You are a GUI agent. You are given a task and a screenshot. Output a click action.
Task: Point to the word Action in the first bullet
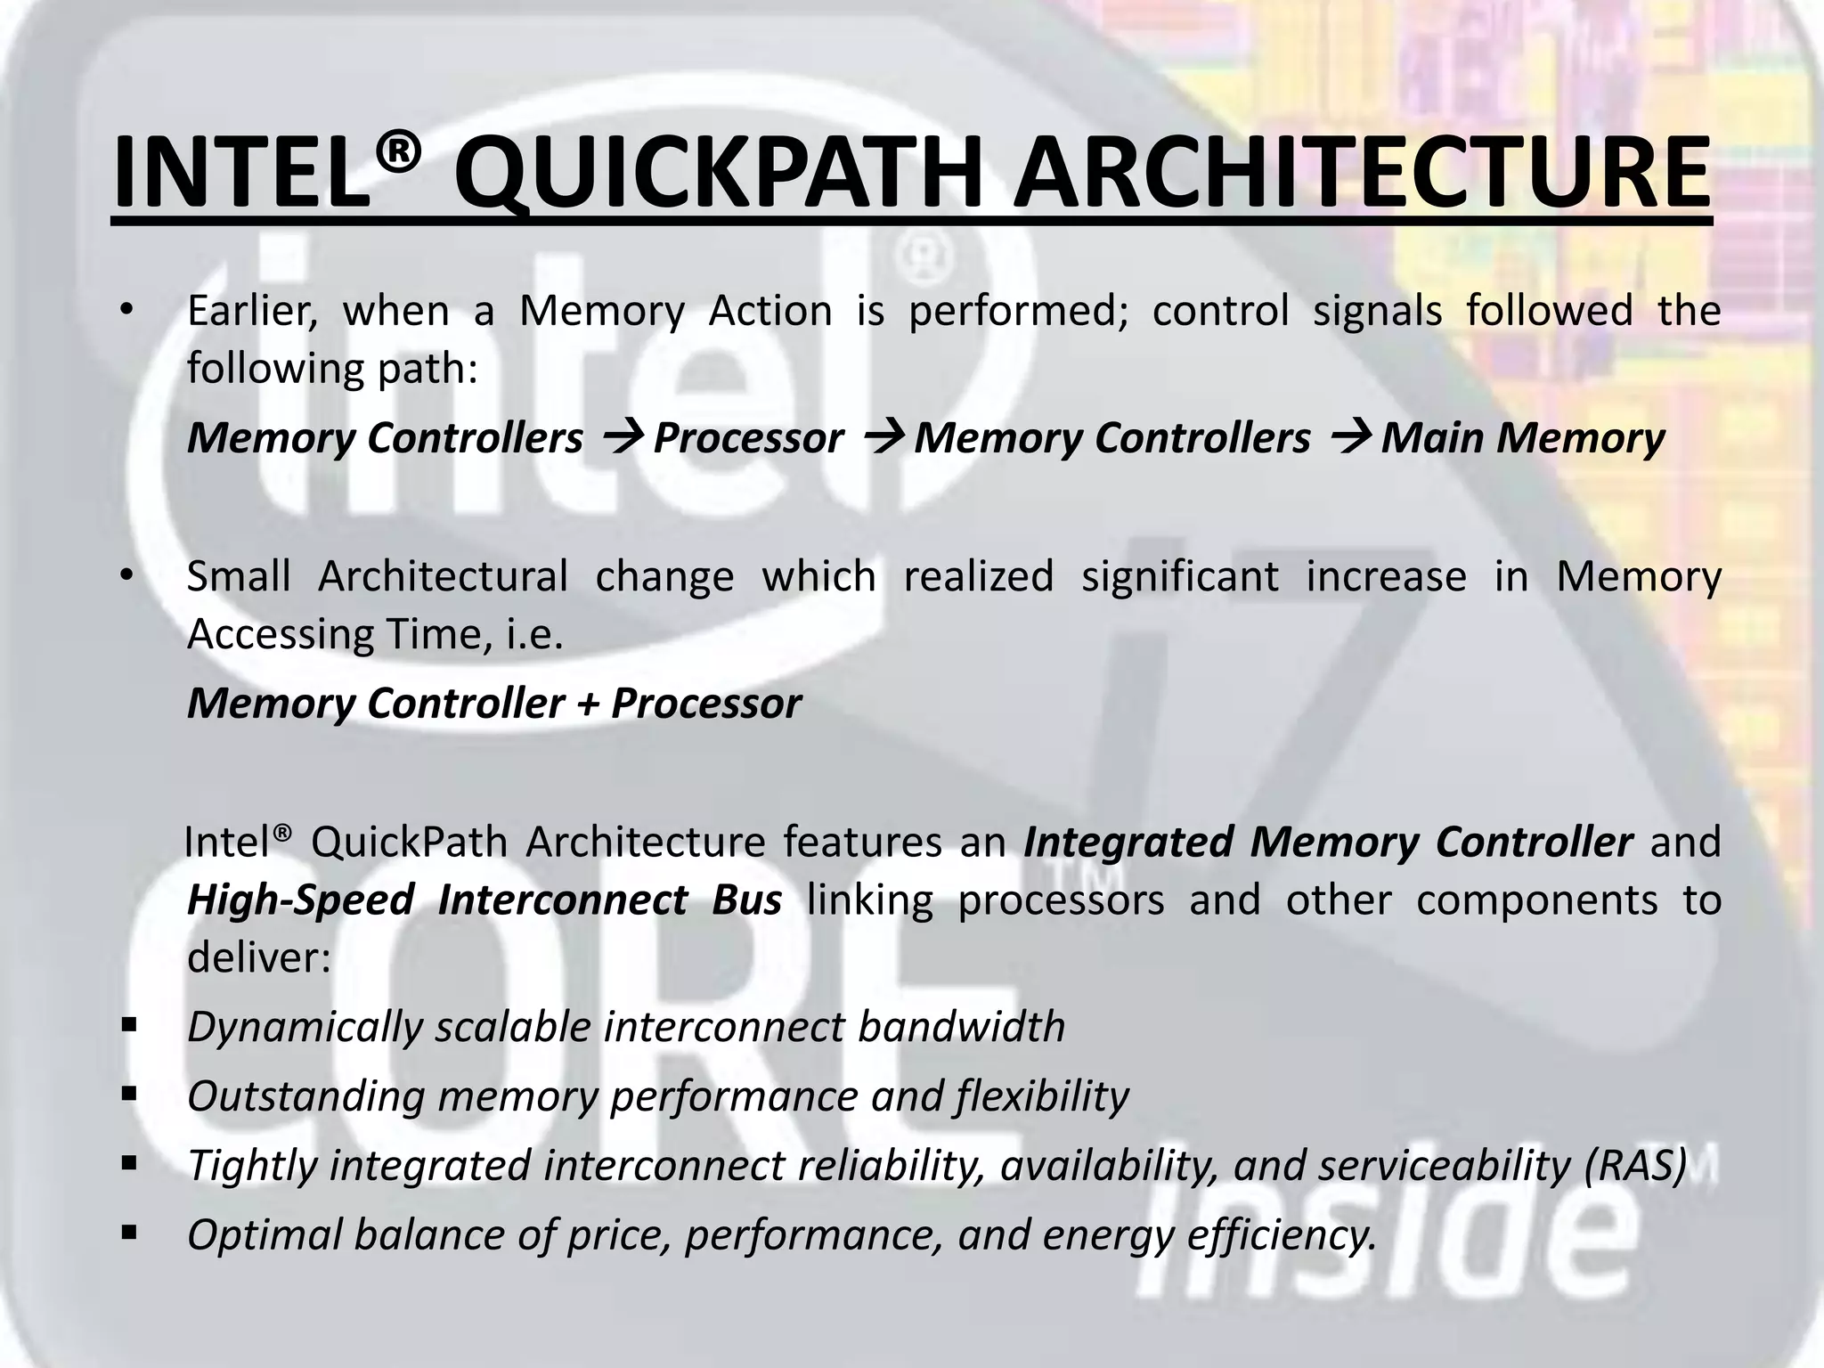(x=769, y=311)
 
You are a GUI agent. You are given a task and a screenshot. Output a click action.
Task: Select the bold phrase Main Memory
(x=1523, y=437)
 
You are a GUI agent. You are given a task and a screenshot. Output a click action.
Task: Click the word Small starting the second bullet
(x=239, y=575)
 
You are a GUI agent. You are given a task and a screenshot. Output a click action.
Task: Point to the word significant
(x=1180, y=576)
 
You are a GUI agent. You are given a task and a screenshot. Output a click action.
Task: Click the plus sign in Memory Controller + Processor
(x=588, y=704)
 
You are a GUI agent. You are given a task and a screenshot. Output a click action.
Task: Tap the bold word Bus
(x=746, y=900)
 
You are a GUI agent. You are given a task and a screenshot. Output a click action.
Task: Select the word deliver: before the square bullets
(x=258, y=957)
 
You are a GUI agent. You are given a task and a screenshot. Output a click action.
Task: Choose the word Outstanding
(x=305, y=1096)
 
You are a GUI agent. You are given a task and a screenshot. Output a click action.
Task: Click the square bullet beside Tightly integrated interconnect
(x=130, y=1162)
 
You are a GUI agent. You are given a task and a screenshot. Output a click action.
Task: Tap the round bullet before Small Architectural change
(x=127, y=576)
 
